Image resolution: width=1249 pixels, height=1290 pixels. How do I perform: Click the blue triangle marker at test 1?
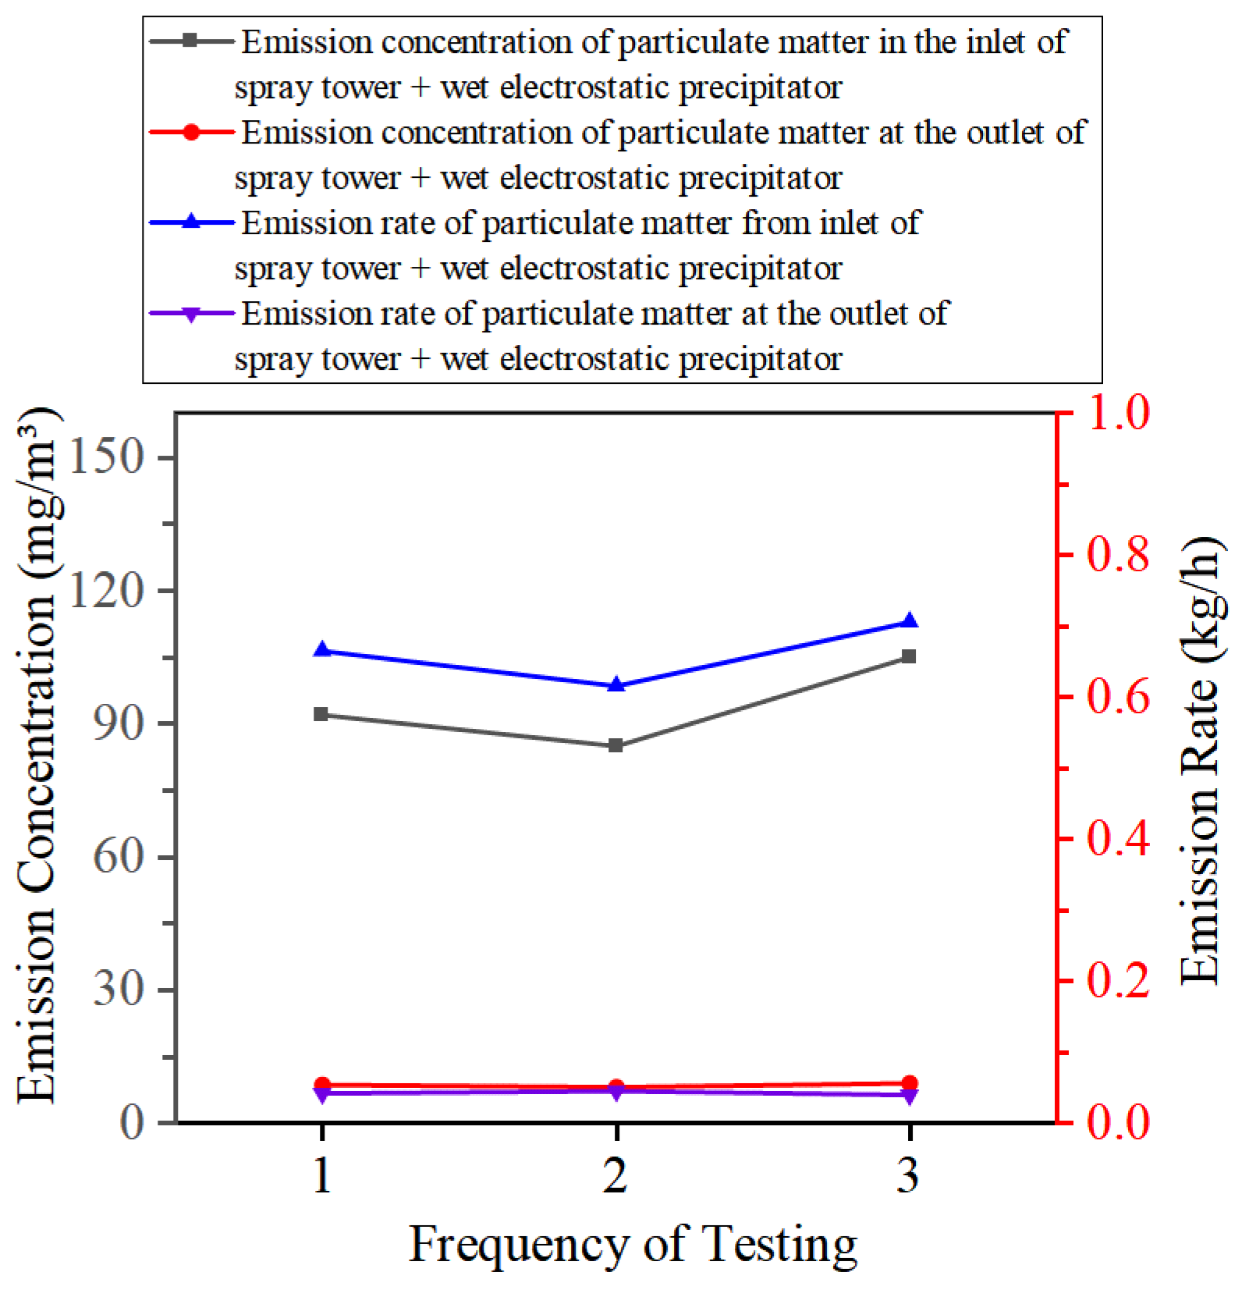321,650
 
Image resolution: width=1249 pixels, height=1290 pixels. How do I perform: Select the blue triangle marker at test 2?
616,685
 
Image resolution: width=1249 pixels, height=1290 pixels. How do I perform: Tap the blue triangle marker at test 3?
909,621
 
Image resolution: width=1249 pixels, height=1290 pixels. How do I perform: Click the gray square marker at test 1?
321,714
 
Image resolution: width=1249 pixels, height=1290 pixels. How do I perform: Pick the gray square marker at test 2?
616,745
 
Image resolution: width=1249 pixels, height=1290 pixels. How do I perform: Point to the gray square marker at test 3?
909,656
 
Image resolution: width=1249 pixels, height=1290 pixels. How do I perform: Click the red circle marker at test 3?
909,1082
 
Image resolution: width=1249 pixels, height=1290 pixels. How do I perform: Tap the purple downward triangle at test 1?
321,1095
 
